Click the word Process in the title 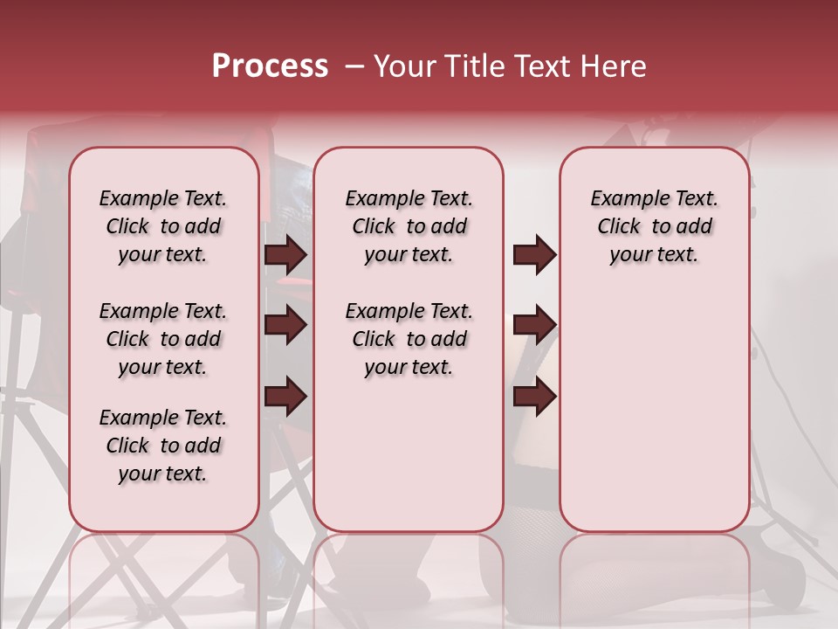pyautogui.click(x=269, y=66)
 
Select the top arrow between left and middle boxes pyautogui.click(x=285, y=255)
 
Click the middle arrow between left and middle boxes pyautogui.click(x=285, y=325)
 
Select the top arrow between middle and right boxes pyautogui.click(x=534, y=255)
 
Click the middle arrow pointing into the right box pyautogui.click(x=534, y=325)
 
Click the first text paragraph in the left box pyautogui.click(x=163, y=226)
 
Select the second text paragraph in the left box pyautogui.click(x=163, y=339)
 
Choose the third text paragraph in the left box pyautogui.click(x=163, y=446)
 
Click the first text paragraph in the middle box pyautogui.click(x=409, y=226)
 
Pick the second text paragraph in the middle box pyautogui.click(x=409, y=339)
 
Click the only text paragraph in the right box pyautogui.click(x=654, y=226)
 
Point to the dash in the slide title pyautogui.click(x=354, y=67)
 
